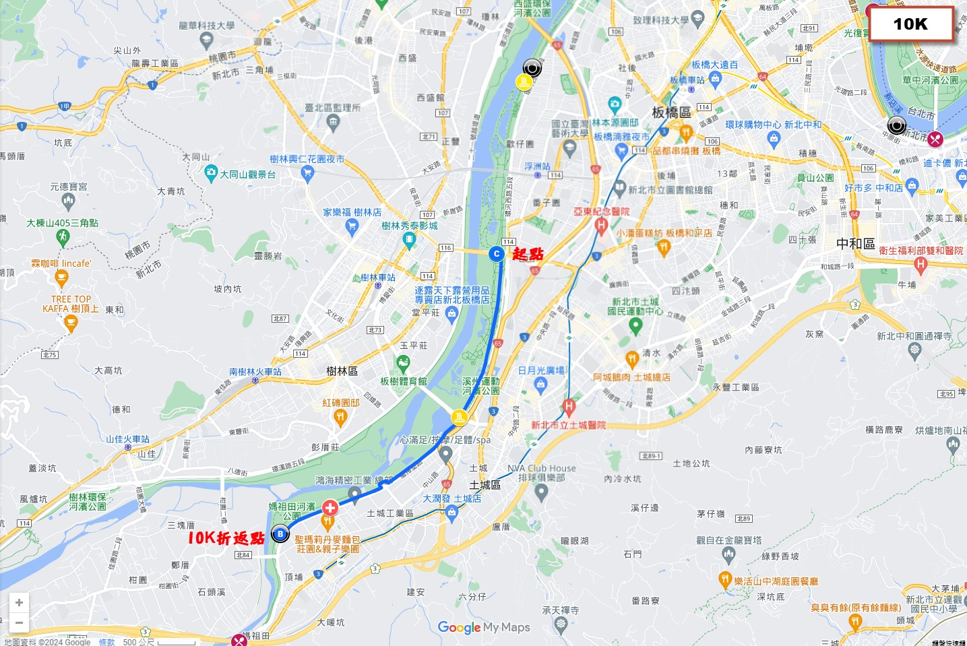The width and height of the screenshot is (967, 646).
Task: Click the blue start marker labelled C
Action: tap(497, 254)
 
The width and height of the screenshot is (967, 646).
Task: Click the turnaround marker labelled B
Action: tap(280, 535)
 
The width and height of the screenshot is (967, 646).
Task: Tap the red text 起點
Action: tap(528, 254)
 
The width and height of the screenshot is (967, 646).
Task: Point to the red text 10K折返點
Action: tap(226, 538)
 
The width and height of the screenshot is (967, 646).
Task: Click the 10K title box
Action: tap(910, 24)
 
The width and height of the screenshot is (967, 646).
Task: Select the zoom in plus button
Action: tap(19, 603)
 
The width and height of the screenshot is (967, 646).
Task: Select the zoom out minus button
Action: tap(19, 623)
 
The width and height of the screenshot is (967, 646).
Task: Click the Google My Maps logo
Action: tap(484, 628)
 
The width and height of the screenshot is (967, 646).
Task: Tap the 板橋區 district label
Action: tap(671, 112)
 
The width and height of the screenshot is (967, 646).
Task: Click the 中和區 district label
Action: tap(855, 244)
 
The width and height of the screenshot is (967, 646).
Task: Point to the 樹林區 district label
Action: tap(342, 371)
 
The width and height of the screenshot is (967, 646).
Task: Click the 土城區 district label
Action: tap(485, 485)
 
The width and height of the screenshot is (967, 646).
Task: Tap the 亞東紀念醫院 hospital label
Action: tap(601, 212)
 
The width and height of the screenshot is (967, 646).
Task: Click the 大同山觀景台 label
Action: tap(247, 174)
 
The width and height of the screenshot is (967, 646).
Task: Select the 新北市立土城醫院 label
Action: tap(568, 425)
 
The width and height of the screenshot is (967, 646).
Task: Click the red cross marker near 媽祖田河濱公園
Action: tap(330, 508)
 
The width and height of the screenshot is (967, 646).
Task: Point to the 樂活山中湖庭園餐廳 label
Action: tap(776, 581)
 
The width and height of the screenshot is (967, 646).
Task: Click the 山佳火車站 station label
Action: tap(127, 439)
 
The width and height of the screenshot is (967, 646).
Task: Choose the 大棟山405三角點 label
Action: tap(62, 223)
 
